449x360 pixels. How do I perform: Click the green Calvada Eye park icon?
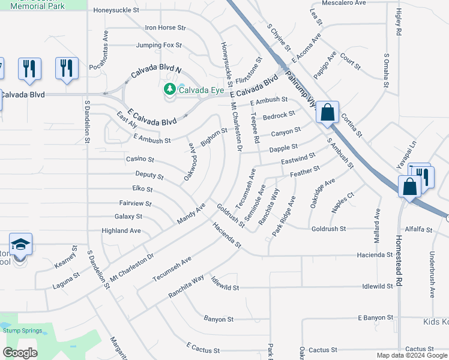click(x=170, y=90)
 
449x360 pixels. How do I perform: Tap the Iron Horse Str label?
click(x=166, y=28)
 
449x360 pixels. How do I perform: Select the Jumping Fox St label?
click(x=158, y=45)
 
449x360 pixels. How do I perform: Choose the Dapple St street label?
click(x=283, y=148)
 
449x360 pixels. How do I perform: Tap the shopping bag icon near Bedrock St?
click(x=327, y=113)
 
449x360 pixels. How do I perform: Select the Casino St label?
click(x=140, y=160)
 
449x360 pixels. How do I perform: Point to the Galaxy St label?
click(x=128, y=217)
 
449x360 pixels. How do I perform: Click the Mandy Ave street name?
click(x=191, y=213)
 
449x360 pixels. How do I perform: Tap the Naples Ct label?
click(x=343, y=203)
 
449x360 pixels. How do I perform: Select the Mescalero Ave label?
click(x=344, y=3)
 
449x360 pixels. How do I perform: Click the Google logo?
click(x=20, y=352)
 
